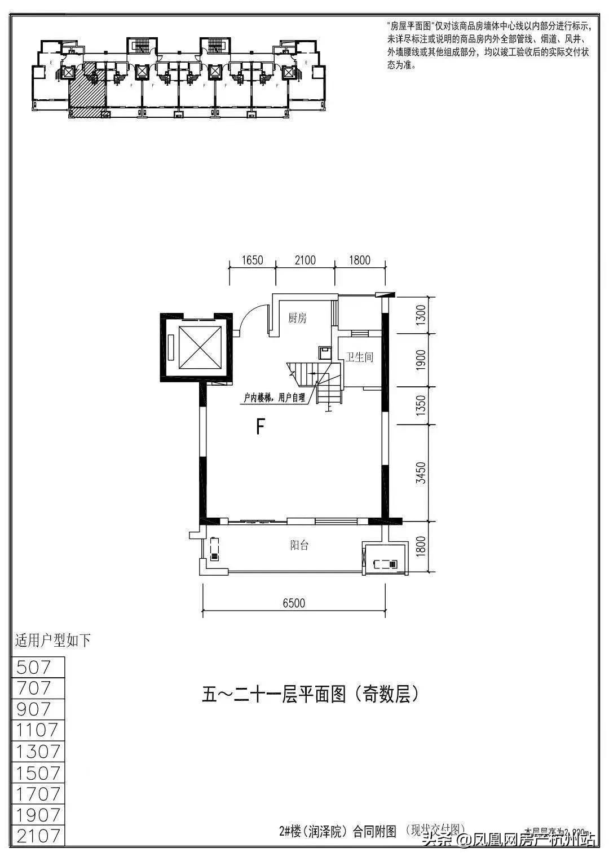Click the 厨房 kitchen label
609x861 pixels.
tap(297, 319)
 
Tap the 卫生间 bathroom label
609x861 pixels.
tap(360, 357)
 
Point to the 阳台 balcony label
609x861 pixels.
tap(299, 545)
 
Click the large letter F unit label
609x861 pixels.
tap(260, 427)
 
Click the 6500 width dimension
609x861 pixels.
tap(294, 603)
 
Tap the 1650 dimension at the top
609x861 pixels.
tap(252, 260)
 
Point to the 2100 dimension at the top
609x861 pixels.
tap(304, 260)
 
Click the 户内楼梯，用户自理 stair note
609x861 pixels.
tap(274, 398)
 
